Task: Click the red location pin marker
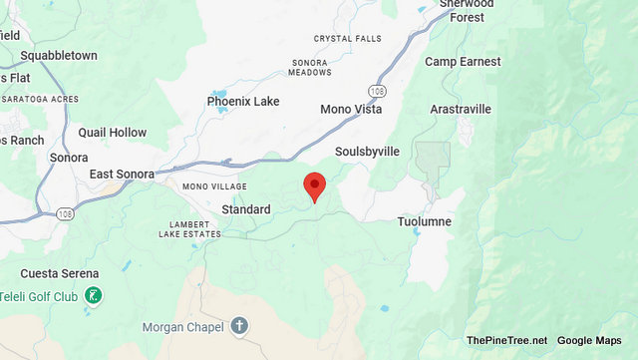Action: point(315,185)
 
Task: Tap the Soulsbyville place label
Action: point(367,151)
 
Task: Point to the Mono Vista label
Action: point(351,109)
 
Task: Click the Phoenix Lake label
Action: point(243,102)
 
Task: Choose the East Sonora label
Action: point(122,175)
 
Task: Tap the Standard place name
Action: point(246,209)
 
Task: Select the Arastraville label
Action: point(460,109)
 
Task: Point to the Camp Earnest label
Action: point(463,62)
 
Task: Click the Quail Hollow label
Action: point(113,133)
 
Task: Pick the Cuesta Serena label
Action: point(60,273)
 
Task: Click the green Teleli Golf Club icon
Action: point(92,295)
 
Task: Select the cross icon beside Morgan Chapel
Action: point(239,325)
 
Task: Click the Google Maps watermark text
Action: point(589,341)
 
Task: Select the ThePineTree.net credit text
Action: point(506,341)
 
